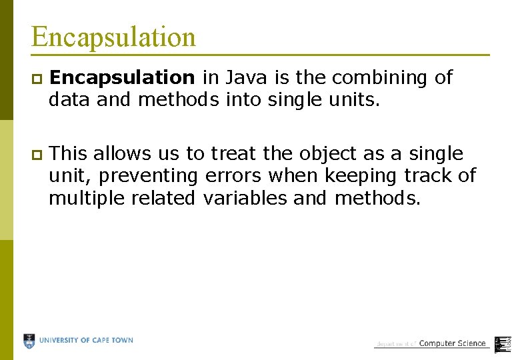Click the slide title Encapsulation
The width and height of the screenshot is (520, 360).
(113, 37)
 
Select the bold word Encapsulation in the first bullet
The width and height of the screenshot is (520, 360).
(123, 78)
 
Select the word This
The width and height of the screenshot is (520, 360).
(69, 154)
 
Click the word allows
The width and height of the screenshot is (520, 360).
(121, 154)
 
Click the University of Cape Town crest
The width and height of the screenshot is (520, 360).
(29, 341)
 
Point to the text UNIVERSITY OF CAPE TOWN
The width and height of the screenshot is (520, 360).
(86, 341)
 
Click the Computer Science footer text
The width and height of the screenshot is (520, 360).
(452, 343)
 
